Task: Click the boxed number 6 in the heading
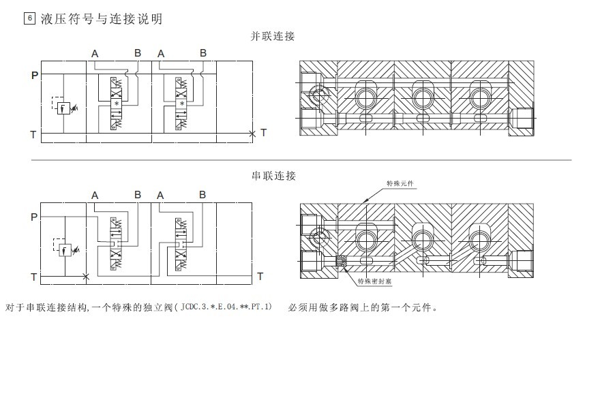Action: click(29, 18)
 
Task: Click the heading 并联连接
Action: click(273, 36)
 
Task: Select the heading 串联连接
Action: click(273, 176)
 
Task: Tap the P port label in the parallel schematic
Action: click(35, 76)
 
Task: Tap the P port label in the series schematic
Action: click(34, 217)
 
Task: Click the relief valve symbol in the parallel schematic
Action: click(64, 106)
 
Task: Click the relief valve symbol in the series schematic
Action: click(65, 247)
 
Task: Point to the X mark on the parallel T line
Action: click(252, 134)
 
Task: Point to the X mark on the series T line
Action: click(86, 276)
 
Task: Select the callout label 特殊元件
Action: click(400, 184)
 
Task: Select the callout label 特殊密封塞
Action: click(374, 281)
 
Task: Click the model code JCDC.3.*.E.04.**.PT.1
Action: click(226, 307)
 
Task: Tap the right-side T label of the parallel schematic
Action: click(263, 133)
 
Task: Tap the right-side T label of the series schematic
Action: click(260, 276)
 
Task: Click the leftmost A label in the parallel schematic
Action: click(95, 54)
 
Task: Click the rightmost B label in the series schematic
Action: click(202, 195)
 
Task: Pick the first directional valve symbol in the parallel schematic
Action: click(117, 104)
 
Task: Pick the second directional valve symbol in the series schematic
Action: click(181, 245)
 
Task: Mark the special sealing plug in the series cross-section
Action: click(341, 261)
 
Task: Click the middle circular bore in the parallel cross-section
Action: click(423, 97)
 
